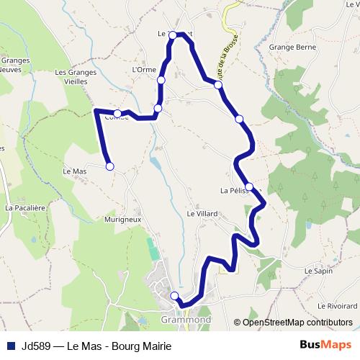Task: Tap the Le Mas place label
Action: pyautogui.click(x=75, y=171)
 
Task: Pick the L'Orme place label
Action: pyautogui.click(x=145, y=70)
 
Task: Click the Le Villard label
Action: pyautogui.click(x=202, y=214)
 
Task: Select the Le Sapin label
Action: pyautogui.click(x=318, y=271)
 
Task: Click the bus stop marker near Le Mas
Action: pyautogui.click(x=110, y=166)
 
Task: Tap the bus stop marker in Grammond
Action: pyautogui.click(x=174, y=295)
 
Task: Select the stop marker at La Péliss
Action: pyautogui.click(x=249, y=186)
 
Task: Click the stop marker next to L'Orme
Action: pyautogui.click(x=161, y=80)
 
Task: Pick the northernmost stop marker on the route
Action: pyautogui.click(x=173, y=35)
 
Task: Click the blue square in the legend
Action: pyautogui.click(x=11, y=346)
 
